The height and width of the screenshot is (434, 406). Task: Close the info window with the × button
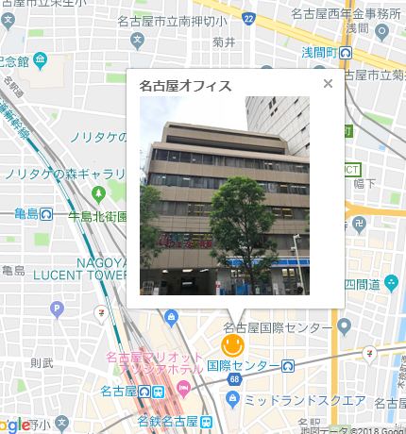point(328,84)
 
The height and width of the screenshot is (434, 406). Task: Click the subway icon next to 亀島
point(46,215)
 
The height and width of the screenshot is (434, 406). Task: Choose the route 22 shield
point(247,18)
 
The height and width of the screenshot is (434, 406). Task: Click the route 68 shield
point(232,380)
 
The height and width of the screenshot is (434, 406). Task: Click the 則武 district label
point(42,361)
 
